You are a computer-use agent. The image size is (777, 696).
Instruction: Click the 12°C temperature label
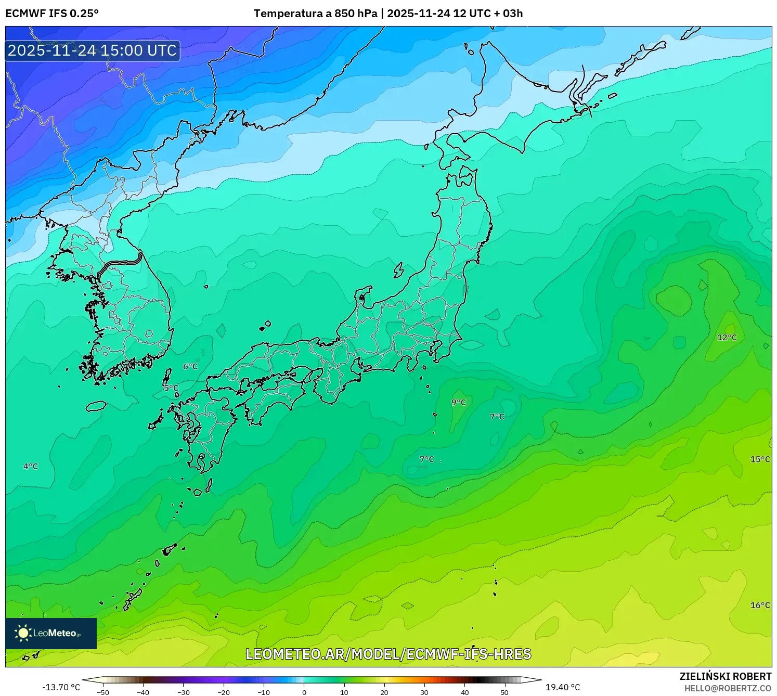pos(727,338)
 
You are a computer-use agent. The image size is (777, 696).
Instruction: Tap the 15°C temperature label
pos(760,459)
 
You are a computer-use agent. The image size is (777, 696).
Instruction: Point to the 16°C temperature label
pos(760,605)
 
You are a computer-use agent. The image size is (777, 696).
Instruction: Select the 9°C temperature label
pos(458,403)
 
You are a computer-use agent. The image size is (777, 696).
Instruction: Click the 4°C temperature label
pos(31,467)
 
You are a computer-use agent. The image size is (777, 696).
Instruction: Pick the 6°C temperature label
pos(190,367)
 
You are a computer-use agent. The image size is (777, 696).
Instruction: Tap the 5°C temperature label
pos(171,388)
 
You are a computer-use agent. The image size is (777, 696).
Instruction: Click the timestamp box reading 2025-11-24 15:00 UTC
pos(93,50)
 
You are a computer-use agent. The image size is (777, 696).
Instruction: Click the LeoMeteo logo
pos(51,633)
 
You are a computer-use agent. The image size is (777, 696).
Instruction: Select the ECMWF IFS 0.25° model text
pos(52,14)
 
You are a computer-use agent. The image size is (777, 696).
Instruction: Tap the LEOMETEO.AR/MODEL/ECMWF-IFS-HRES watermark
pos(388,654)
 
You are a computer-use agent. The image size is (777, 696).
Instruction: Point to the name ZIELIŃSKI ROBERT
pos(726,676)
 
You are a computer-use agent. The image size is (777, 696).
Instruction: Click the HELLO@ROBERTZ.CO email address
pos(728,688)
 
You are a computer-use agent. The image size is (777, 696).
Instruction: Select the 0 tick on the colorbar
pos(304,692)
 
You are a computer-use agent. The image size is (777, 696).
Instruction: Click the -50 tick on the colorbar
pos(103,692)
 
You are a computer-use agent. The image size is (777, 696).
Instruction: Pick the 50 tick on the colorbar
pos(504,692)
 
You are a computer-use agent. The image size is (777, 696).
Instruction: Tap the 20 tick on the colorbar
pos(384,692)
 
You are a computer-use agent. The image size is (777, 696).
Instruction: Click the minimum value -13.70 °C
pos(61,688)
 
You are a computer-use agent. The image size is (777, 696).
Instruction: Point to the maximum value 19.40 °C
pos(563,688)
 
